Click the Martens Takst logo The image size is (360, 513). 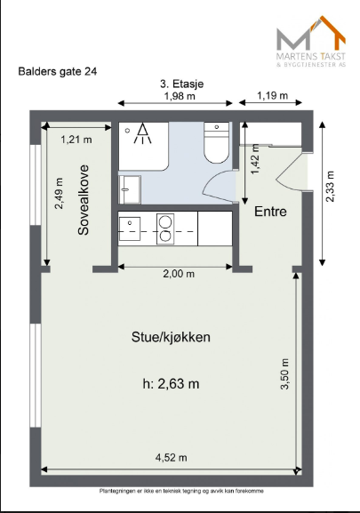click(311, 42)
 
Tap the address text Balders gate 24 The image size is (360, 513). click(58, 71)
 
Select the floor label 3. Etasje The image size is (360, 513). click(182, 84)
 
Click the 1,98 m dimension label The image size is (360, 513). click(180, 96)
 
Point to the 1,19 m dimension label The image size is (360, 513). click(272, 95)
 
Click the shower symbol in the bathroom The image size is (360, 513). click(142, 133)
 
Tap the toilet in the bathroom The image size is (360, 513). click(217, 142)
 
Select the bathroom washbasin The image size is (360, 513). click(130, 189)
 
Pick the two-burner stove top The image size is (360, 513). click(165, 228)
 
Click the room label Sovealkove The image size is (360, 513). click(84, 200)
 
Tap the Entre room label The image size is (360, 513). click(270, 212)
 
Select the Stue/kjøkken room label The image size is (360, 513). click(171, 337)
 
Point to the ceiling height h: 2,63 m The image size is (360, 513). click(171, 383)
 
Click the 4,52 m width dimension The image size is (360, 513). click(172, 457)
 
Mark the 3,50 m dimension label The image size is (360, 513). click(284, 374)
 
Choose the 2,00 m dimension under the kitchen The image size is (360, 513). click(179, 273)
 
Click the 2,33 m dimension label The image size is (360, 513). click(331, 187)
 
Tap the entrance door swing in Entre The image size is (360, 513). click(292, 171)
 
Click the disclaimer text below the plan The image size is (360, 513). click(181, 491)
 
